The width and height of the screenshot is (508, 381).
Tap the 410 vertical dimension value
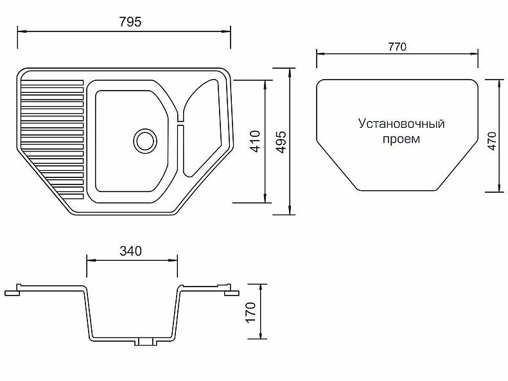(255, 141)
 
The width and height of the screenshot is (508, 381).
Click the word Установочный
(401, 123)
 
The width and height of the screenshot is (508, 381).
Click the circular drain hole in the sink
(145, 139)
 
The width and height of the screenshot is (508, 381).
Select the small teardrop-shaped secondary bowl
(204, 128)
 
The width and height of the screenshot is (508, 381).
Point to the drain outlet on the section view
(145, 342)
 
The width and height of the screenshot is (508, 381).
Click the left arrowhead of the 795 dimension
(21, 30)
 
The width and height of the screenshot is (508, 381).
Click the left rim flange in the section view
(19, 290)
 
